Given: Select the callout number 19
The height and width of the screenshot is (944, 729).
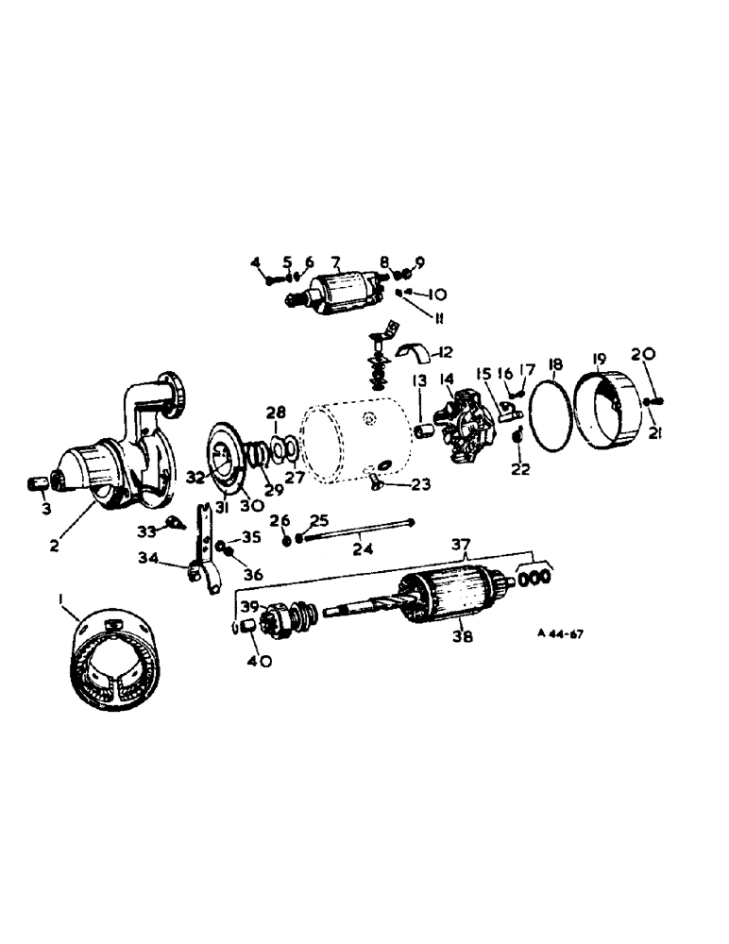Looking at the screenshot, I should click(x=599, y=360).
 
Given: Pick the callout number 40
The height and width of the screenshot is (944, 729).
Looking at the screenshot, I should click(x=260, y=662).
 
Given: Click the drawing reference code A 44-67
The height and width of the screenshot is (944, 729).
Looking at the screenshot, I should click(x=559, y=634).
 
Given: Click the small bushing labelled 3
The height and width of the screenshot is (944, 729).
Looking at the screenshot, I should click(x=38, y=484).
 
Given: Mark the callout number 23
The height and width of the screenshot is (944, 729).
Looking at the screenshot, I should click(x=420, y=483).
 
